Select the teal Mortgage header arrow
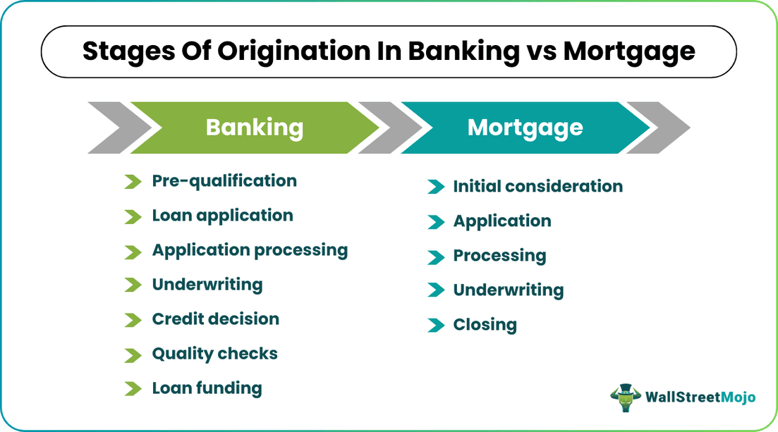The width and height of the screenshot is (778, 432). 525,128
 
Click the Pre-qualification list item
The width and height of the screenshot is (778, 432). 224,181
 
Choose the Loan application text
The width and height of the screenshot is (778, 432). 222,216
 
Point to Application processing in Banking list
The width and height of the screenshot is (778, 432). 250,251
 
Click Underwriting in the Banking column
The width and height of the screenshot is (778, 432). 207,285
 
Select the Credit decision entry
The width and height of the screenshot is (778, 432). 215,319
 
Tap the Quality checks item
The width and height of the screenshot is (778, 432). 214,354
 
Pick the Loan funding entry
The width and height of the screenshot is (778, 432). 207,388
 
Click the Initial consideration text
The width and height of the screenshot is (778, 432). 537,187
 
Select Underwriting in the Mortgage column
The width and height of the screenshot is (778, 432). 508,290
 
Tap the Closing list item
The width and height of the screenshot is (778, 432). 485,325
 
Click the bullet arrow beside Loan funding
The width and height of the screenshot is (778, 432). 133,388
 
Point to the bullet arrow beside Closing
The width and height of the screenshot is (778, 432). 435,326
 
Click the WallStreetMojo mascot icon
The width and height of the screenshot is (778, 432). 624,397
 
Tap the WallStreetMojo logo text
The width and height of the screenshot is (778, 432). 700,397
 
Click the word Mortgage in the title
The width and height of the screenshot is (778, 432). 623,51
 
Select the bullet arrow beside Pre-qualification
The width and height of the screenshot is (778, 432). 133,182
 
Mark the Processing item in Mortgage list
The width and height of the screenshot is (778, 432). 499,256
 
